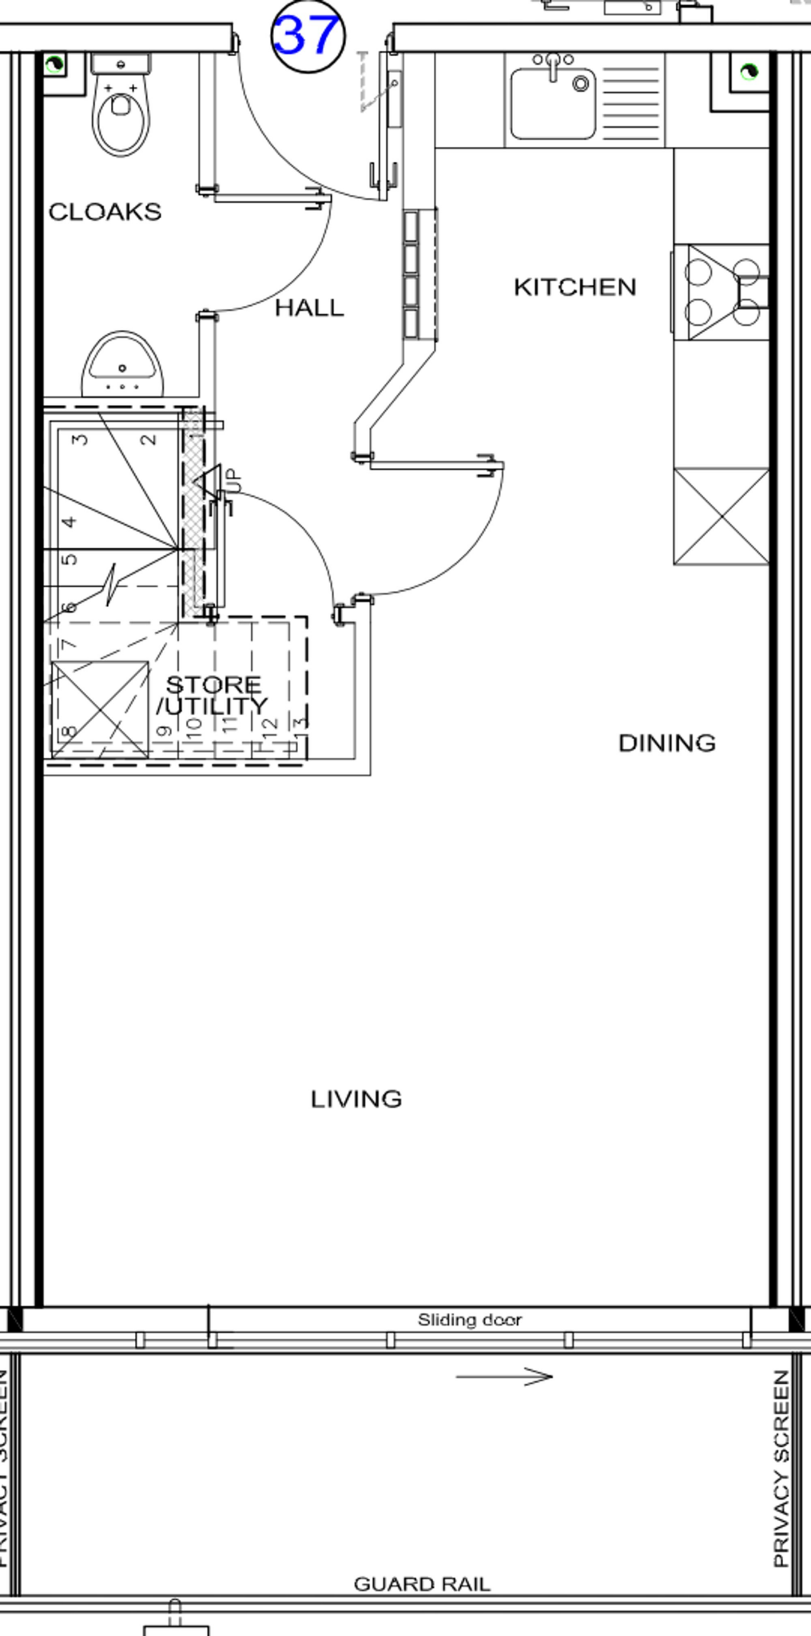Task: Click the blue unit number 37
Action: (308, 36)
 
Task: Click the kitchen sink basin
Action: (552, 104)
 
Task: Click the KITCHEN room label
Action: (574, 287)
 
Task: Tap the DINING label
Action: (666, 743)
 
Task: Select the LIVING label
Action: (356, 1099)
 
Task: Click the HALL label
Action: (309, 308)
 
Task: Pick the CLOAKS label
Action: (105, 212)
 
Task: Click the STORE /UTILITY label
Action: (213, 695)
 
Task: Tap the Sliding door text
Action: (469, 1320)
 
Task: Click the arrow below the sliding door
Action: (503, 1376)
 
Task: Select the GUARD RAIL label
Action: (421, 1583)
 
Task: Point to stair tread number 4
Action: (70, 522)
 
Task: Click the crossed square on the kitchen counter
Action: (721, 517)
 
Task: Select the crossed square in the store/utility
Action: (100, 709)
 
